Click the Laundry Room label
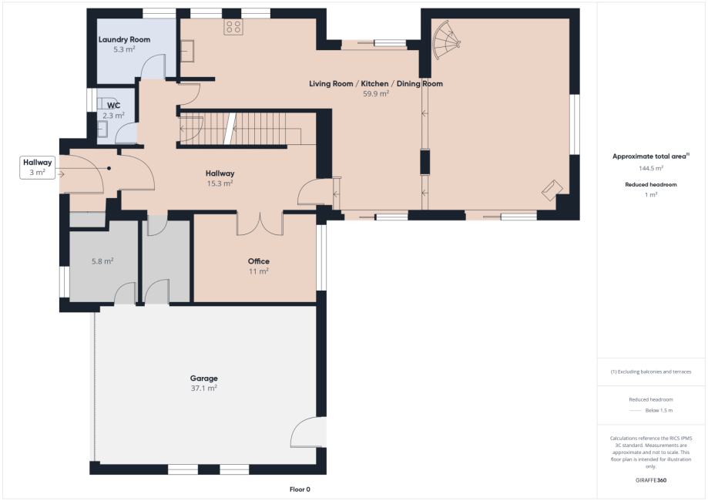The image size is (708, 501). click(x=124, y=40)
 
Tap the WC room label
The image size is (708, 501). click(x=114, y=106)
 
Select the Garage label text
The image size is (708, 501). click(x=203, y=378)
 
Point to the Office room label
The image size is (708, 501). click(x=259, y=261)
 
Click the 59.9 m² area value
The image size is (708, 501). click(x=376, y=94)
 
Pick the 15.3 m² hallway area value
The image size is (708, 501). click(x=220, y=183)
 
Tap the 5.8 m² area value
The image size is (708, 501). click(x=102, y=261)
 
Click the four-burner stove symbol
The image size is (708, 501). click(x=233, y=27)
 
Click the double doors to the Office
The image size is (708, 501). click(x=260, y=224)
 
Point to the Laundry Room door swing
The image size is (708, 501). click(x=153, y=67)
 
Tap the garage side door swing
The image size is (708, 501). click(x=308, y=432)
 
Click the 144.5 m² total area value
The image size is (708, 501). click(x=651, y=168)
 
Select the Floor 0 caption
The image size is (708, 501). click(x=300, y=489)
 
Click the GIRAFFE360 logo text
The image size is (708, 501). click(x=651, y=479)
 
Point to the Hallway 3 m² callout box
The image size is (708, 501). click(x=38, y=167)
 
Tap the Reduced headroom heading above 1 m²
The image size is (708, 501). click(x=651, y=184)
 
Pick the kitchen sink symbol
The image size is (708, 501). click(x=187, y=50)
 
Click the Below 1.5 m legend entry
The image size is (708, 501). click(x=651, y=410)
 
